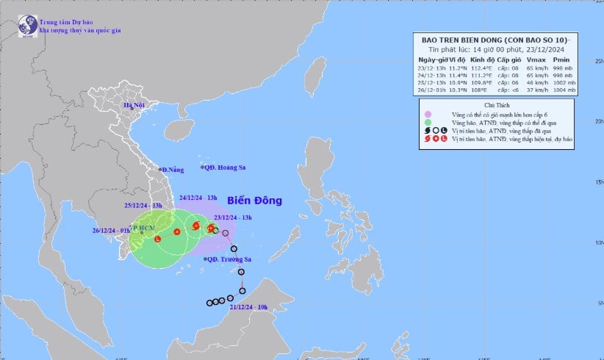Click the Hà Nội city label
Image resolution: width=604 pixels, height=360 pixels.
(135, 106)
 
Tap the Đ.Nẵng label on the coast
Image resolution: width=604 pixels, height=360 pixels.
(173, 170)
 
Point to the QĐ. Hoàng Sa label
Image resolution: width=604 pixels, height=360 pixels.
(226, 168)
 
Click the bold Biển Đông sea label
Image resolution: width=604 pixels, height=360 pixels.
(254, 200)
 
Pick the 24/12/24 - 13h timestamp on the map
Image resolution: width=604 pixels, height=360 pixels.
(198, 198)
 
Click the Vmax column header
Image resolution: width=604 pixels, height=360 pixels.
(534, 59)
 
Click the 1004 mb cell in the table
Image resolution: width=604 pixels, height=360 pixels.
(564, 90)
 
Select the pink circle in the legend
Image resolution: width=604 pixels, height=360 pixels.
(427, 115)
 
